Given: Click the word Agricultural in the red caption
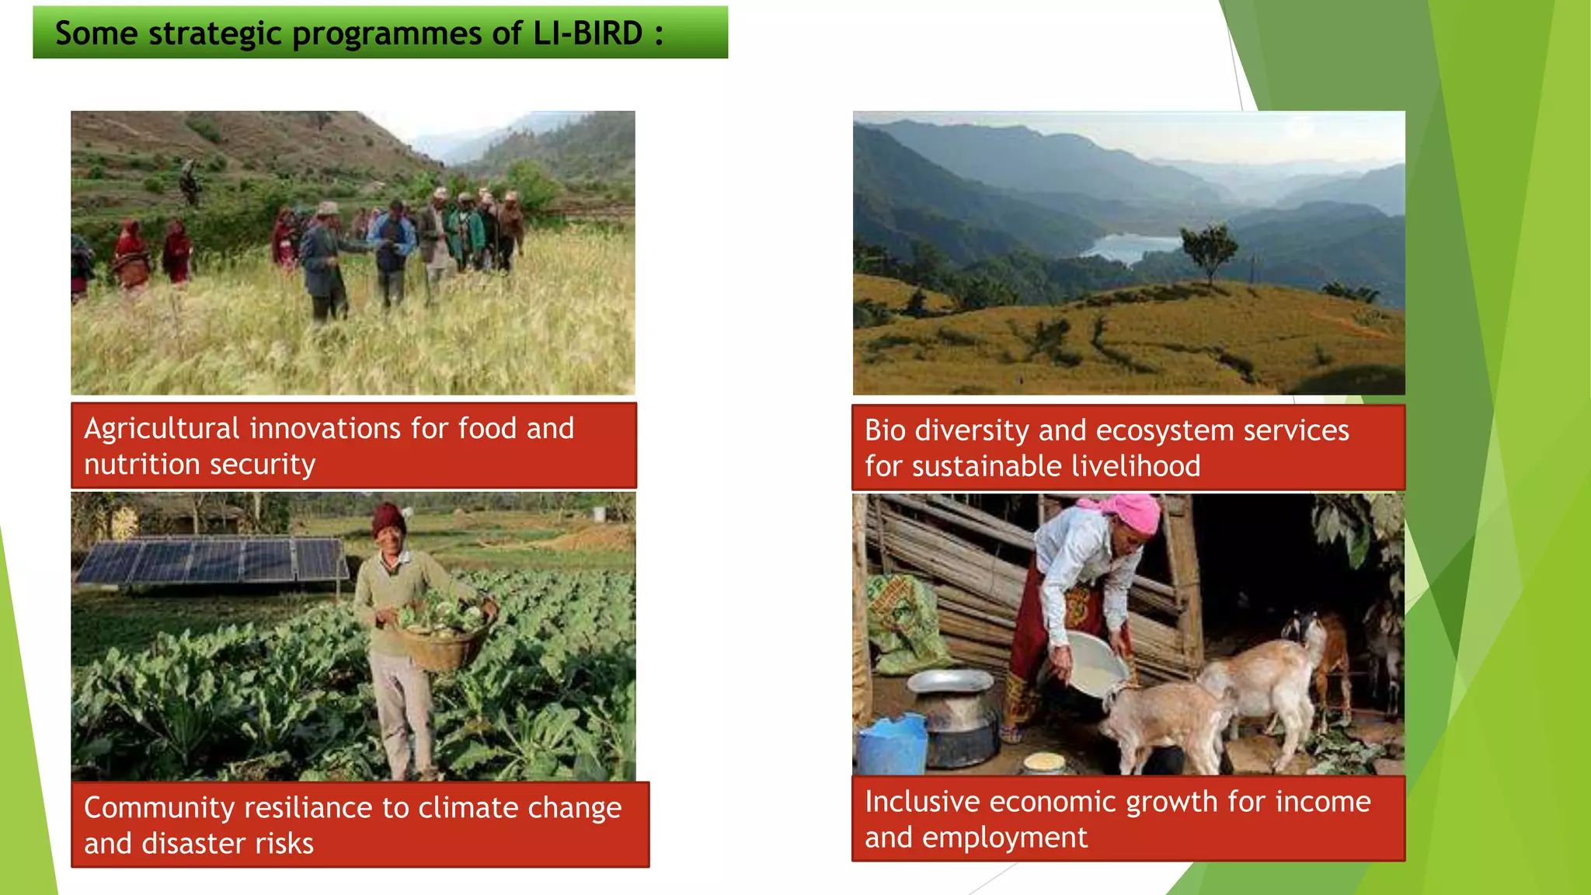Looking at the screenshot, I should tap(162, 429).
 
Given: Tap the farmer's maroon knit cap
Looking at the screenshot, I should tap(388, 518).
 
